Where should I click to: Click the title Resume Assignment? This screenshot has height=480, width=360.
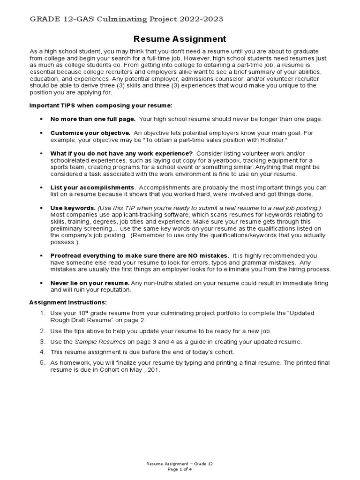(x=180, y=39)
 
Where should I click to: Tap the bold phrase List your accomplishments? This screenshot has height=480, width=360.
(x=92, y=187)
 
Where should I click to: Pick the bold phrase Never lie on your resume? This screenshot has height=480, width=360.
(x=90, y=283)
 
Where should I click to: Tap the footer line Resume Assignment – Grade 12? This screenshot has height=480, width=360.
(x=180, y=464)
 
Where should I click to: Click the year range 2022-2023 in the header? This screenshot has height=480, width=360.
(x=202, y=19)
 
